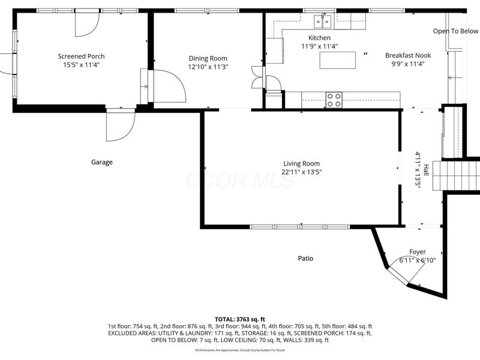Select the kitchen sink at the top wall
click(323, 22)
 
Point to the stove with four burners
click(334, 100)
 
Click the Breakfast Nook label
click(408, 55)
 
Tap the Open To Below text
click(455, 31)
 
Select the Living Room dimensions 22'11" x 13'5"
click(302, 172)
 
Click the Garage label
click(102, 162)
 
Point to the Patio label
click(305, 259)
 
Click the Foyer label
click(417, 252)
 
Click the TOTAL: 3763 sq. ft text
click(240, 319)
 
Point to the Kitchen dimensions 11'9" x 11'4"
click(319, 46)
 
